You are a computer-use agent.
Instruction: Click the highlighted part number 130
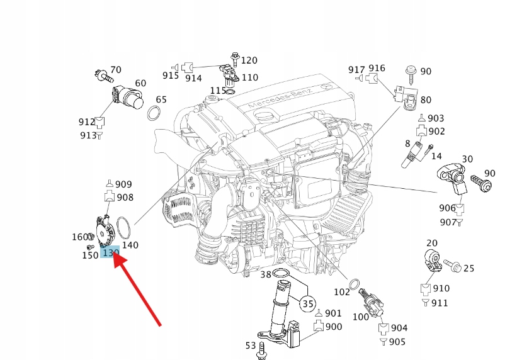pos(110,253)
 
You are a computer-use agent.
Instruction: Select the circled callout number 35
pos(307,304)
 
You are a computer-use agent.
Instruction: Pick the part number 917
pos(356,69)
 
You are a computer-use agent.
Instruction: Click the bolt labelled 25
pos(452,267)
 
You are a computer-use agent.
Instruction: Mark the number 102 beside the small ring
pos(341,292)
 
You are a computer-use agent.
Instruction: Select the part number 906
pos(447,208)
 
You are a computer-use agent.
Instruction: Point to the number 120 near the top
pos(249,60)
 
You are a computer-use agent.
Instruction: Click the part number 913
pos(88,135)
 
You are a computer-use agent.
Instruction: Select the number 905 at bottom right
pos(397,342)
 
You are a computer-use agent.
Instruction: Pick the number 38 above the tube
pos(266,274)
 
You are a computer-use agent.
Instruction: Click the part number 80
pos(426,99)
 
